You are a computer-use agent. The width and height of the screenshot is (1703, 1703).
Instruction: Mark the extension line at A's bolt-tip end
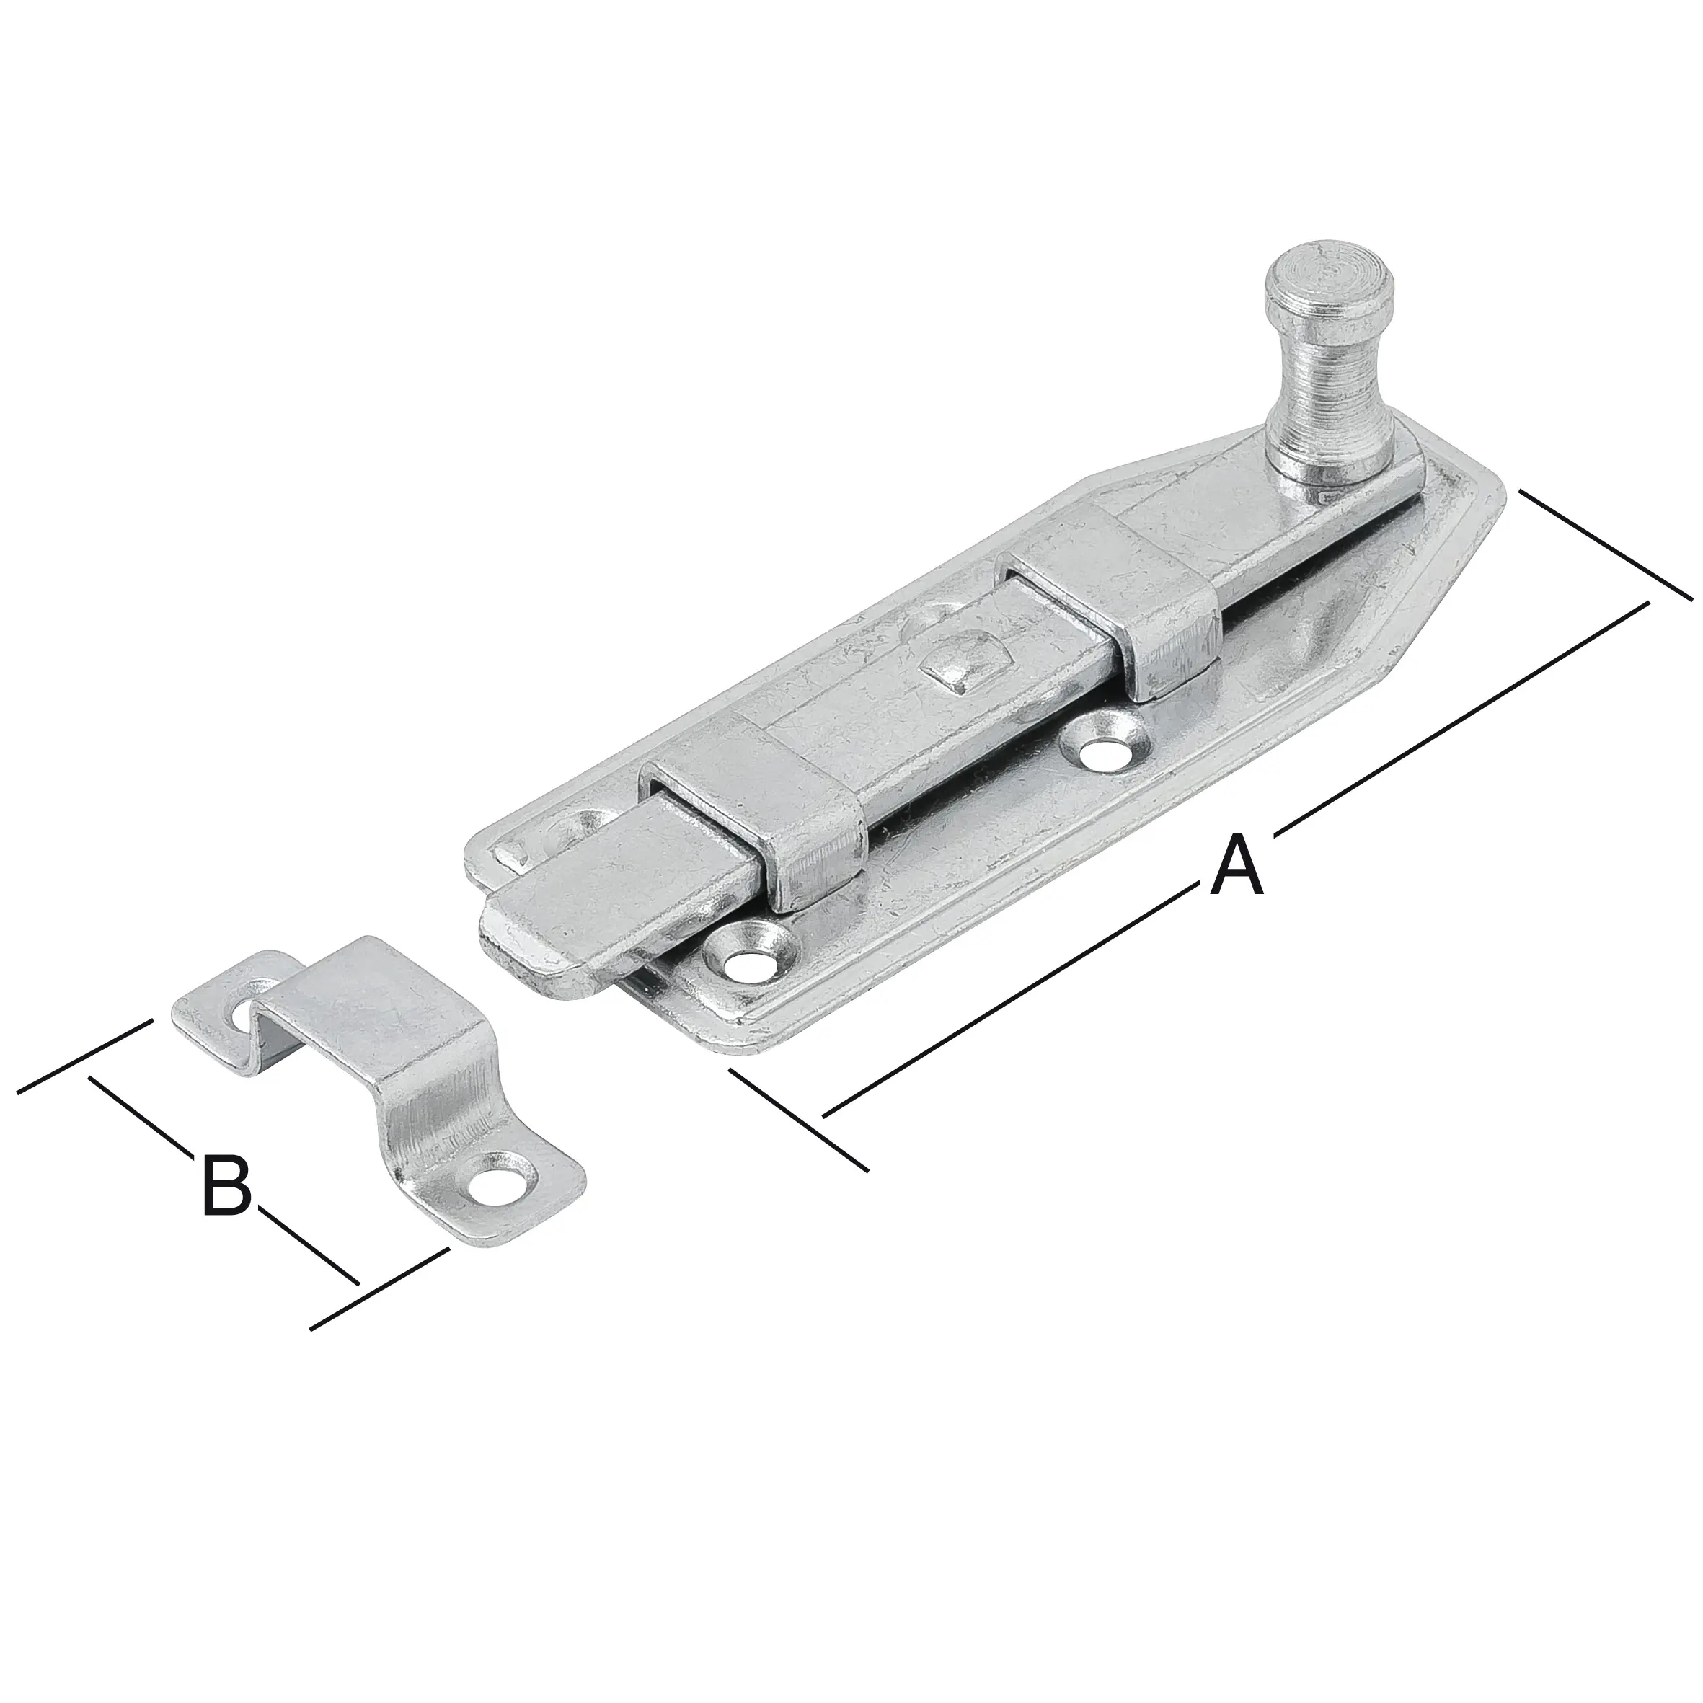pyautogui.click(x=797, y=1120)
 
